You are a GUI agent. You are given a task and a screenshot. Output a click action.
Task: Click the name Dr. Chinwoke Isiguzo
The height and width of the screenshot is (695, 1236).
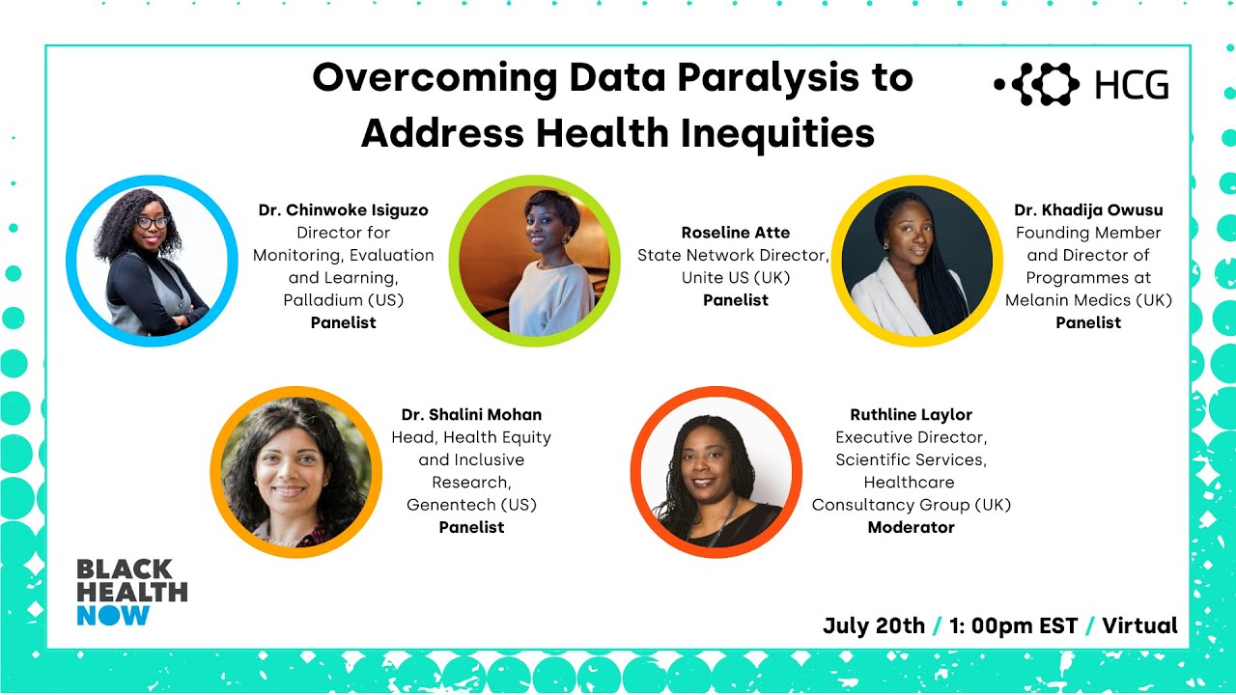[x=343, y=210]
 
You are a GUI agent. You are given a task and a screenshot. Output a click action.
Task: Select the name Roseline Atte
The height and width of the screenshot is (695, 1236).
[x=735, y=233]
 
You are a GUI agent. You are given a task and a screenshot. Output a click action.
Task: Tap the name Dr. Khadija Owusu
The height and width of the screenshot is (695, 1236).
[x=1088, y=210]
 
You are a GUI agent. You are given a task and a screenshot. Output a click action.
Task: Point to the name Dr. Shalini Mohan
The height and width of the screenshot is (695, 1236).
[x=471, y=415]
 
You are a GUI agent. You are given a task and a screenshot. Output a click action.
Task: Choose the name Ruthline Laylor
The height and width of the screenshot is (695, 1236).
[x=911, y=415]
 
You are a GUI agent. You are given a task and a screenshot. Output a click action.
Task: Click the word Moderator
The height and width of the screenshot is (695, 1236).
[x=911, y=527]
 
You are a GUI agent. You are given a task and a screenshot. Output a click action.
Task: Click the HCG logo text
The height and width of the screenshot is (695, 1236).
[x=1132, y=86]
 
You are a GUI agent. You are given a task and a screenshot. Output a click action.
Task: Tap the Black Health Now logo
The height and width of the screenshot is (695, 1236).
[x=131, y=592]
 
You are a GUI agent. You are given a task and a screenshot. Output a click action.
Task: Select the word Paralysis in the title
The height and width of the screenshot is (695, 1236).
[x=742, y=78]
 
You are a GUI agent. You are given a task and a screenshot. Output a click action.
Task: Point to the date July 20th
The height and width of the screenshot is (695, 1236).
[x=873, y=625]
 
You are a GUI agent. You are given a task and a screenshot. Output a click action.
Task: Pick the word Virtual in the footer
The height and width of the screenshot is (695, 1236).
[x=1139, y=625]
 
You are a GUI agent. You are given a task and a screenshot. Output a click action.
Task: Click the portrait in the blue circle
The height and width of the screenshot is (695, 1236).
[x=152, y=261]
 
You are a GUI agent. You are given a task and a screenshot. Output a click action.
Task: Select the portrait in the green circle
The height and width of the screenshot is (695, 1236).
[x=534, y=261]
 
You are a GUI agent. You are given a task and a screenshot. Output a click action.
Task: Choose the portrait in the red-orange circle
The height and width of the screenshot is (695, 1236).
[x=716, y=473]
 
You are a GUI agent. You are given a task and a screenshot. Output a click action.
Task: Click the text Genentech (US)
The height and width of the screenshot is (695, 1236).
[x=471, y=505]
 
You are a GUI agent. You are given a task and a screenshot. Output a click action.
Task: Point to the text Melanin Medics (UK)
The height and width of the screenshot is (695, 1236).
[x=1088, y=300]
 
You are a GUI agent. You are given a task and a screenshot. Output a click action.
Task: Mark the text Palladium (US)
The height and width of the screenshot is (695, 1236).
[x=343, y=300]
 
